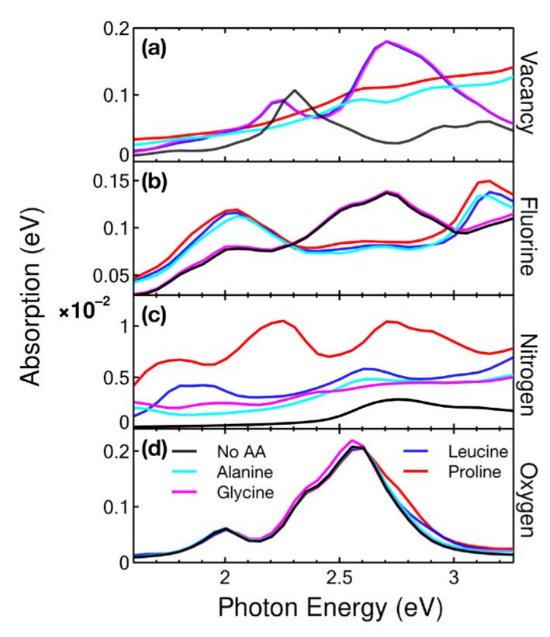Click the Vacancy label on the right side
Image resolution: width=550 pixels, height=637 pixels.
click(x=530, y=92)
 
